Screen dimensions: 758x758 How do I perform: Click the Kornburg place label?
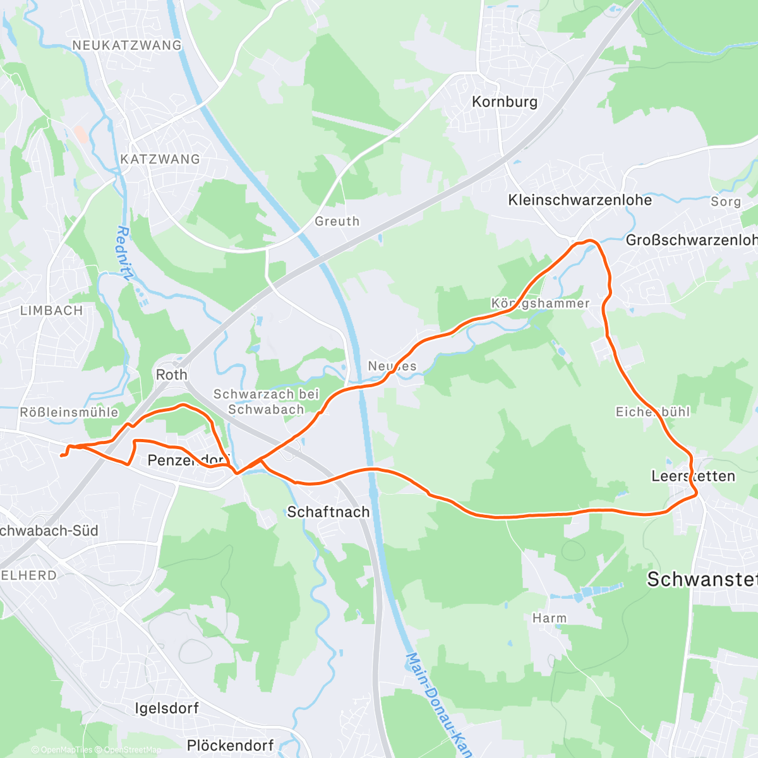tap(505, 102)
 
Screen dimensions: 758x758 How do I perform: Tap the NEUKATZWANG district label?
tap(126, 45)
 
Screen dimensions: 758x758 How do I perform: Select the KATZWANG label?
tap(160, 159)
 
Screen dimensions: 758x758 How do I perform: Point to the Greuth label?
tap(337, 221)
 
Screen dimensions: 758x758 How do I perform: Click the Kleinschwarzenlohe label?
tap(580, 200)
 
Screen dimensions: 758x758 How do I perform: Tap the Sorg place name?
tap(726, 202)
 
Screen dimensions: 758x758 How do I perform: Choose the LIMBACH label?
tap(51, 311)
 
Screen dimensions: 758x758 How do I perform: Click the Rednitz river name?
tap(125, 253)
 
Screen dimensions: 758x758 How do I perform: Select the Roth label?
tap(171, 375)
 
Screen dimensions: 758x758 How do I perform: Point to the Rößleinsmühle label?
tap(69, 412)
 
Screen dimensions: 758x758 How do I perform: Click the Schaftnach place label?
tap(328, 512)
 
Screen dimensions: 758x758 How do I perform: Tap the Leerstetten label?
tap(693, 476)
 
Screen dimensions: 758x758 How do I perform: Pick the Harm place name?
tap(550, 618)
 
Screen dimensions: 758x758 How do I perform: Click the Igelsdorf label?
tap(167, 708)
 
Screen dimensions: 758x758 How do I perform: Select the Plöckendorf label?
tap(231, 745)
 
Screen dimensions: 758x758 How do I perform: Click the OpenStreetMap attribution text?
tap(133, 750)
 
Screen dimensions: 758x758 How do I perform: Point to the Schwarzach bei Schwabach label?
tap(266, 402)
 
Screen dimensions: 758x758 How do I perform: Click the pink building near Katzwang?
tap(80, 133)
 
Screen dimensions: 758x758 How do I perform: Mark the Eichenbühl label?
tap(653, 412)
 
